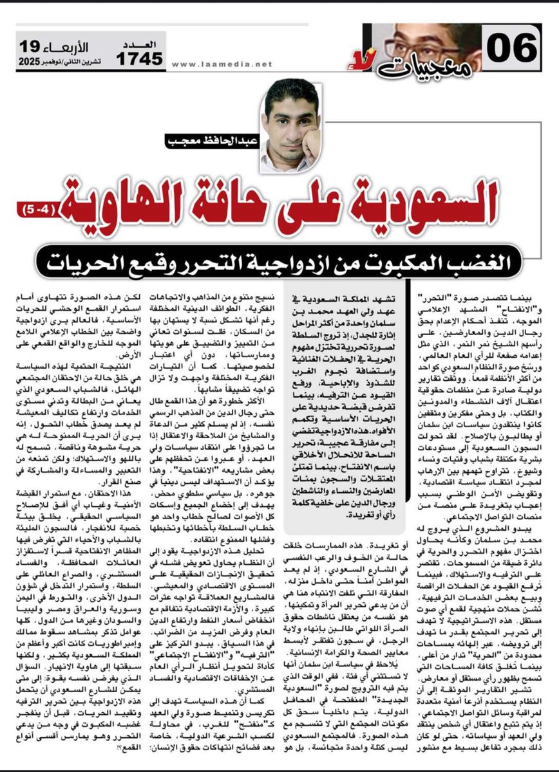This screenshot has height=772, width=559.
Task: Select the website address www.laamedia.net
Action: click(x=223, y=64)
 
